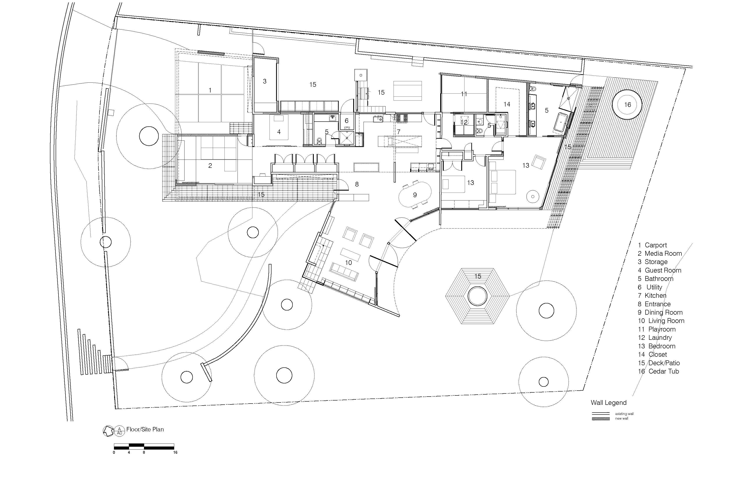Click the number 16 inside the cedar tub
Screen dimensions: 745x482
point(627,105)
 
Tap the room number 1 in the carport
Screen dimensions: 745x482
point(210,90)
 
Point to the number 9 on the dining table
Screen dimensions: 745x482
point(415,195)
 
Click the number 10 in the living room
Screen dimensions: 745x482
point(348,263)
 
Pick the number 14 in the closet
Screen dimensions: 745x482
point(507,104)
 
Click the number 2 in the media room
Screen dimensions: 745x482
point(210,166)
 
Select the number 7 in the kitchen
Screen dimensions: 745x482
point(399,132)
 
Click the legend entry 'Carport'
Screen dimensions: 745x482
point(656,245)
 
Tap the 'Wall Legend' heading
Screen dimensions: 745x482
point(608,403)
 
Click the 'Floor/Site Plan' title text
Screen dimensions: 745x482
point(145,429)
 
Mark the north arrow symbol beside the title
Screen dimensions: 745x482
point(108,431)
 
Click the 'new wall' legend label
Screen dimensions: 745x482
point(621,418)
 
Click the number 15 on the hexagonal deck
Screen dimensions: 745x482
point(478,276)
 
